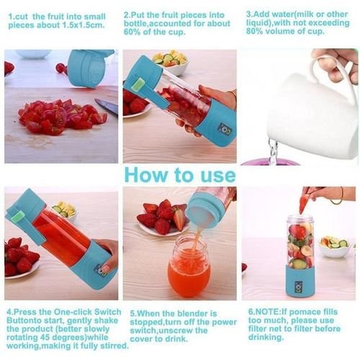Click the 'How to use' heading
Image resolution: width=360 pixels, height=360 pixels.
point(179,175)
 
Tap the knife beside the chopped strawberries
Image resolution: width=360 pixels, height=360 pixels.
point(105,107)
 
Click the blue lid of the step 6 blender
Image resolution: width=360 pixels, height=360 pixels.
point(300,221)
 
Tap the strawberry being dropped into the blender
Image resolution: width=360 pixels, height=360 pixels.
point(304,204)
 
